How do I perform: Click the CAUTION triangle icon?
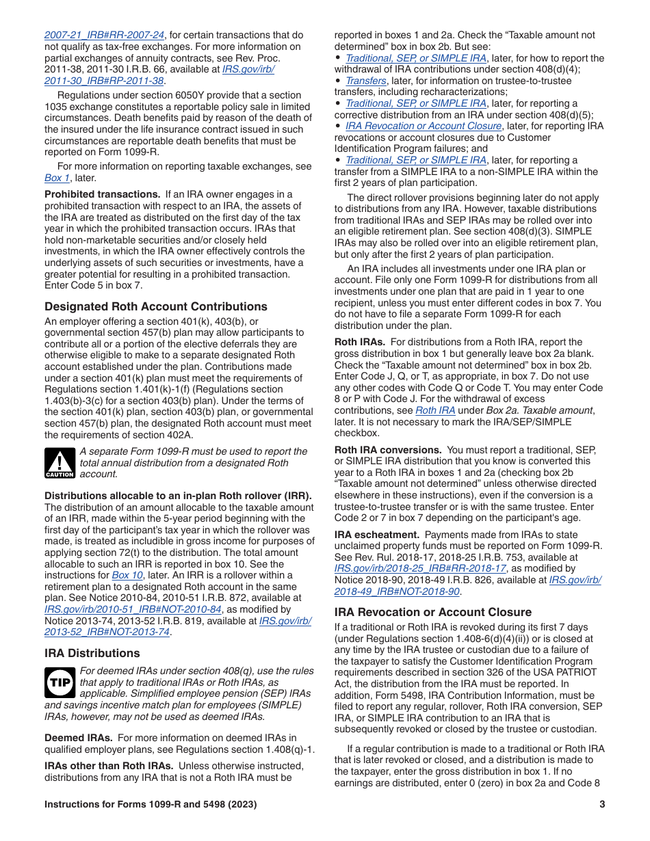tap(60, 463)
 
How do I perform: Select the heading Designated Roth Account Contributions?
tap(156, 306)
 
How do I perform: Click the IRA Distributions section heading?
tap(92, 653)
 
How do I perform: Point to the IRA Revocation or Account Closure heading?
tap(432, 612)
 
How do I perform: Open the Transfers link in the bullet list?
tap(366, 81)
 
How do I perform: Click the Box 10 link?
tap(127, 575)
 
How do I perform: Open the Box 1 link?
tap(57, 178)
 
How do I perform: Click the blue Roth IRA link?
tap(435, 410)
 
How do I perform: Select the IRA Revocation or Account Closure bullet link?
tap(424, 126)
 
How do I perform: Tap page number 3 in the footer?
tap(602, 804)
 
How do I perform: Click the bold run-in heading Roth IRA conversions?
tap(388, 450)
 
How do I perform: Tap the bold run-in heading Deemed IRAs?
tap(79, 738)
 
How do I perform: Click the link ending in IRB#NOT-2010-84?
tap(133, 609)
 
